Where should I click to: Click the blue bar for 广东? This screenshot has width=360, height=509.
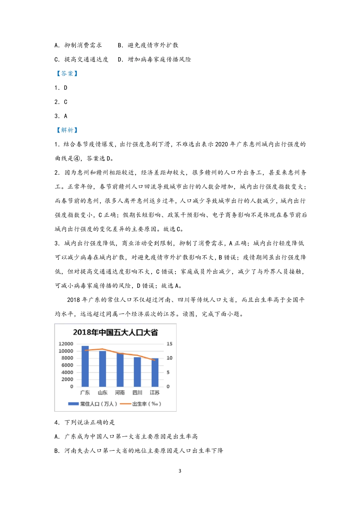pyautogui.click(x=85, y=366)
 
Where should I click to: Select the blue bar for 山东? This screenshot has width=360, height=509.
pyautogui.click(x=103, y=368)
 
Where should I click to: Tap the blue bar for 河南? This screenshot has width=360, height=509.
pyautogui.click(x=120, y=370)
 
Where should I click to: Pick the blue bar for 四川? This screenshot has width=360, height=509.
pyautogui.click(x=137, y=372)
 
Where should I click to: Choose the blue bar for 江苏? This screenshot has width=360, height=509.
pyautogui.click(x=155, y=372)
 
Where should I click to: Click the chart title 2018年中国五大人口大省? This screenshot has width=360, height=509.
pyautogui.click(x=115, y=333)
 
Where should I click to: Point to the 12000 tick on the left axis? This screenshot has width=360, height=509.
pyautogui.click(x=66, y=344)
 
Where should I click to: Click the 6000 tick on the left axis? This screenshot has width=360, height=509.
pyautogui.click(x=67, y=365)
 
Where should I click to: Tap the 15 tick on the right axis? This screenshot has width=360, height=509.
pyautogui.click(x=169, y=344)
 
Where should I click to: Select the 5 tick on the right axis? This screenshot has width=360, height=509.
pyautogui.click(x=168, y=372)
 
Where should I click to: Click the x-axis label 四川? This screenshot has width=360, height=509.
pyautogui.click(x=137, y=393)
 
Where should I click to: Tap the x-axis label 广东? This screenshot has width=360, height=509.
pyautogui.click(x=85, y=393)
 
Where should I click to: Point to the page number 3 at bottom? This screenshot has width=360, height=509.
pyautogui.click(x=180, y=471)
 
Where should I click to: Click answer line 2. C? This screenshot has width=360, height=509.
pyautogui.click(x=61, y=102)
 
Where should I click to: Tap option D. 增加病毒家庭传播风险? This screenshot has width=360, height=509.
pyautogui.click(x=154, y=59)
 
